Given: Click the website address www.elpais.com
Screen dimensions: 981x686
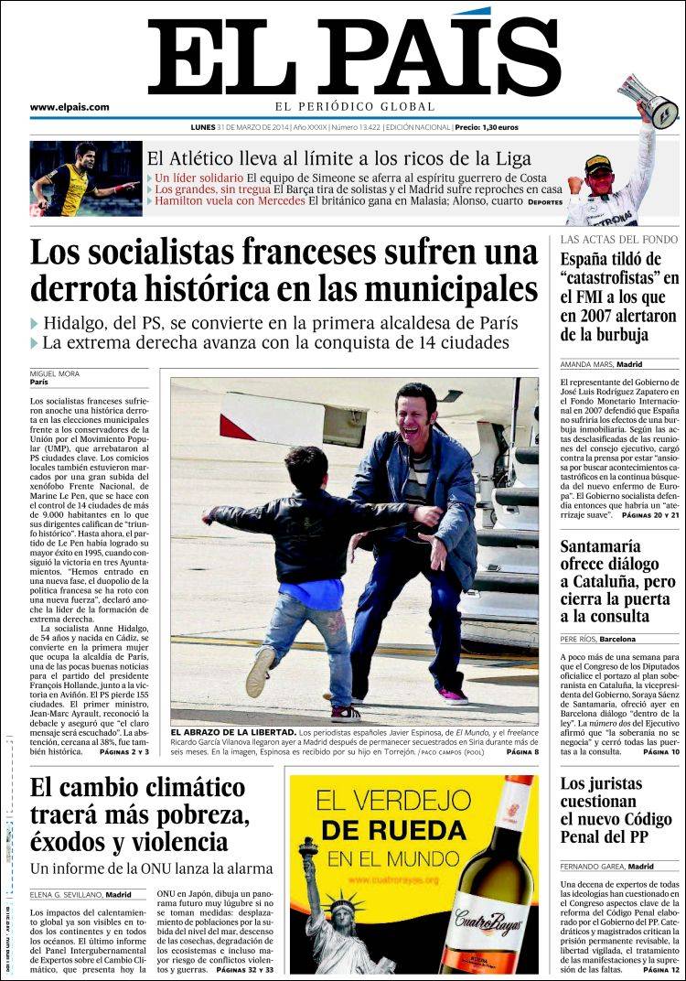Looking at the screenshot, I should point(70,107).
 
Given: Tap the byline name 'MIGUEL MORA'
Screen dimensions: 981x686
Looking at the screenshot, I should point(55,373).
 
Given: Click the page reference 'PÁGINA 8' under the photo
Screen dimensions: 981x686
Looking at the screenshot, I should point(522,751).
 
